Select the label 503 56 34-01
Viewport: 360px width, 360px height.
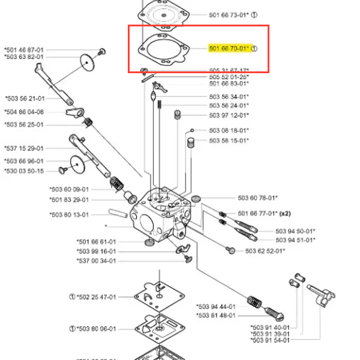click(x=229, y=97)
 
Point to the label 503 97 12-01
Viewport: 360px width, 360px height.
click(x=229, y=115)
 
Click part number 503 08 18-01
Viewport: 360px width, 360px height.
click(x=229, y=130)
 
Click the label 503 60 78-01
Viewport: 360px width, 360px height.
click(x=257, y=197)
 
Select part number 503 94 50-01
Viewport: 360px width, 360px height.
click(x=295, y=231)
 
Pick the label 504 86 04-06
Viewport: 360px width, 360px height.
click(x=24, y=112)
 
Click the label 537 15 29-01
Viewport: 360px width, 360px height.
click(x=24, y=148)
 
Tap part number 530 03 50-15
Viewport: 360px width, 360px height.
click(x=24, y=171)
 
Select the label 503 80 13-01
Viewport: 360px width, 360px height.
click(x=69, y=215)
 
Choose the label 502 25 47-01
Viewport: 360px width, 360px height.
click(x=96, y=296)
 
